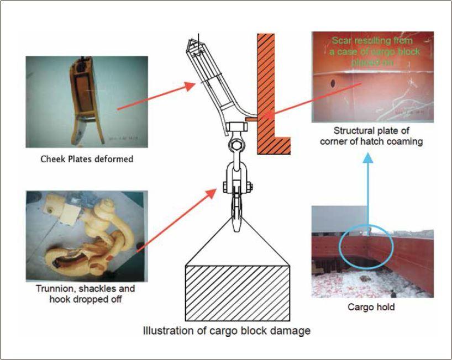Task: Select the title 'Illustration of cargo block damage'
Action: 227,331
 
